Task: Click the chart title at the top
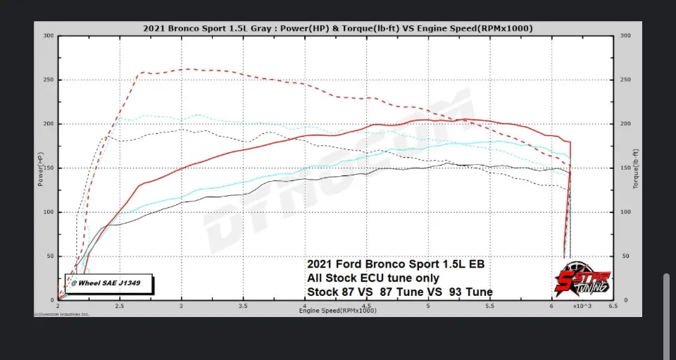pyautogui.click(x=337, y=28)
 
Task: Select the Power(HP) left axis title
pyautogui.click(x=40, y=168)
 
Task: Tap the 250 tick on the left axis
pyautogui.click(x=49, y=80)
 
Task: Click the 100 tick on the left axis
pyautogui.click(x=49, y=212)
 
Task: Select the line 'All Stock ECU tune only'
pyautogui.click(x=373, y=278)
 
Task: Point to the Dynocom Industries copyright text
pyautogui.click(x=61, y=314)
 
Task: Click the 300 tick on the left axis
pyautogui.click(x=49, y=36)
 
